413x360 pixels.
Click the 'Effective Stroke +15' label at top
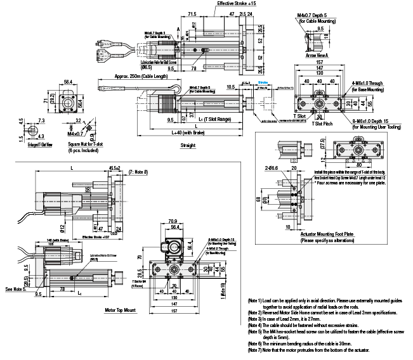tap(237, 4)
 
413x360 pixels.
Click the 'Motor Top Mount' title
tap(121, 311)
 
